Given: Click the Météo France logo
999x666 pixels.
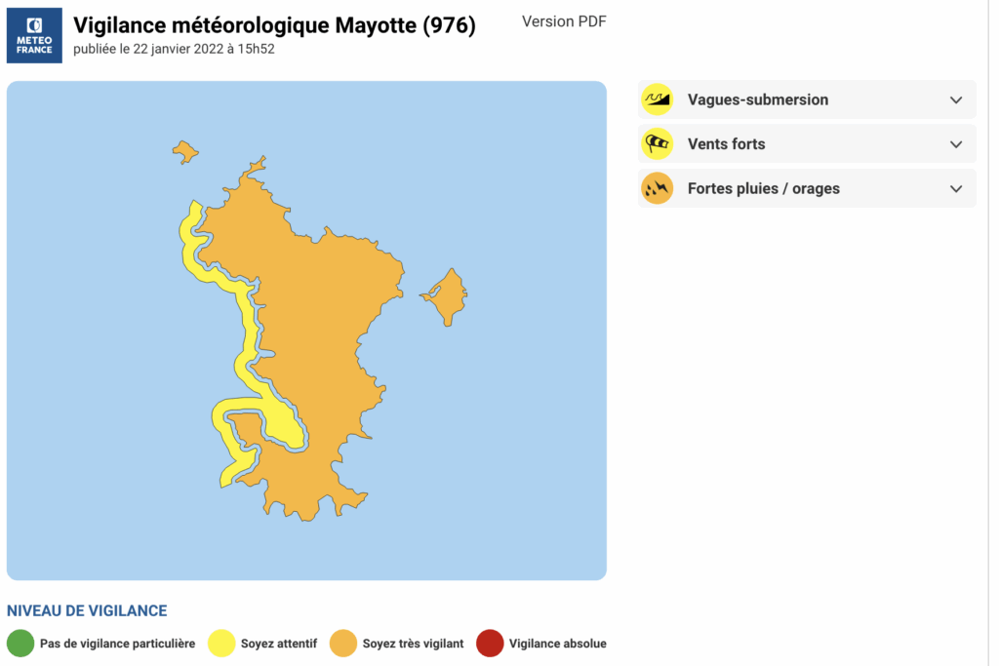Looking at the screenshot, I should click(x=35, y=35).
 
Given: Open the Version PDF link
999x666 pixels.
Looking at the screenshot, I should click(x=564, y=21).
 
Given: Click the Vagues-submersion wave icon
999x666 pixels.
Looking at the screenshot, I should click(x=658, y=99).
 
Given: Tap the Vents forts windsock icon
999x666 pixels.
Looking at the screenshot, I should click(x=658, y=144).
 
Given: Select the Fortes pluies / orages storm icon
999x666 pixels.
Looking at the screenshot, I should click(x=658, y=188).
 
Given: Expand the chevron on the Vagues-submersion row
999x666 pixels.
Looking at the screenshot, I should click(x=955, y=99).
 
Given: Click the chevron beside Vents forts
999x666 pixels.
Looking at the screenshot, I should click(x=955, y=144).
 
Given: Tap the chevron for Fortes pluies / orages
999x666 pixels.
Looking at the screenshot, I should click(x=955, y=188).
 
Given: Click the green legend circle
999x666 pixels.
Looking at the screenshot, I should click(x=20, y=644).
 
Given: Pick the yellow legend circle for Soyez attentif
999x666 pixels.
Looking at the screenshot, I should click(x=221, y=644).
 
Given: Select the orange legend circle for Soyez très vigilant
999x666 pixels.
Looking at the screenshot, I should click(x=343, y=644).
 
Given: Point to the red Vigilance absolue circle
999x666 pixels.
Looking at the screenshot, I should click(x=490, y=644).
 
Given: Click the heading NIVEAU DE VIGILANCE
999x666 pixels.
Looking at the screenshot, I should click(x=87, y=610).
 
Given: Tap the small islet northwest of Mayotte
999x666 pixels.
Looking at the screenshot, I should click(x=184, y=151).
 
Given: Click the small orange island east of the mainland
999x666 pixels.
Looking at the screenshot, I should click(x=447, y=294).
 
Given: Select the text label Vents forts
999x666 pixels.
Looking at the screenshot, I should click(x=726, y=144).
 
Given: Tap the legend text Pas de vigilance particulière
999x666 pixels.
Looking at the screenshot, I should click(x=117, y=644).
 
